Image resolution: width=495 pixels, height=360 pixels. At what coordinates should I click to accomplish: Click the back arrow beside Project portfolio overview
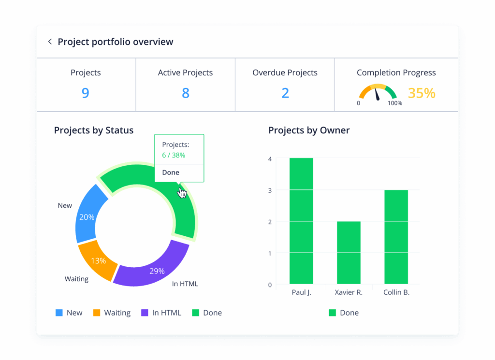(50, 42)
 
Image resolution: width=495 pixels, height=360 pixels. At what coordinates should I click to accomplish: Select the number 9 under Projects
(86, 93)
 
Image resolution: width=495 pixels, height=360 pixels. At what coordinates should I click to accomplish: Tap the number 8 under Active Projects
(186, 93)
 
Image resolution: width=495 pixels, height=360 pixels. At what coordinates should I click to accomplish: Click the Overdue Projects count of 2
(285, 93)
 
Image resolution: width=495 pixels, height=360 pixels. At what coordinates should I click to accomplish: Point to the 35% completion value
(422, 93)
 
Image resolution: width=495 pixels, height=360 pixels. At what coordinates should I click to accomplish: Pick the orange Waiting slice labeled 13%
(98, 260)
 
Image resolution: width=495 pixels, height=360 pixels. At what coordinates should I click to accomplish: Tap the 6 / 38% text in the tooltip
(174, 155)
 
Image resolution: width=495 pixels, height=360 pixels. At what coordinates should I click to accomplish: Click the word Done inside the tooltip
(171, 173)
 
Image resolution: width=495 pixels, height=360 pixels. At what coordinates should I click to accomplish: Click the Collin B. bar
(396, 237)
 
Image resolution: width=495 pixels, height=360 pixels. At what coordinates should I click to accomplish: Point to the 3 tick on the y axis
(270, 190)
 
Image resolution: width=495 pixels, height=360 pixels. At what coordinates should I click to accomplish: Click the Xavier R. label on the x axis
(349, 292)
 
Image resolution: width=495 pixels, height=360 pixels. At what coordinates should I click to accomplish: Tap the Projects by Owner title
(309, 130)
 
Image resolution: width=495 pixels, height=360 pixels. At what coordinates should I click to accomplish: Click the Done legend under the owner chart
(344, 313)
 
